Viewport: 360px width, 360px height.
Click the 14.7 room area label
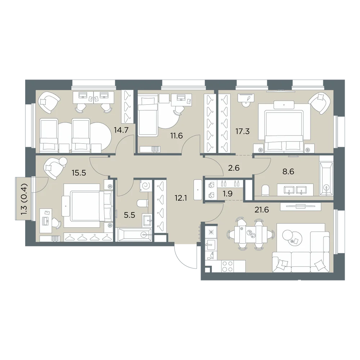point(121,130)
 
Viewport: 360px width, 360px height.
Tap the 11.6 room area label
point(176,136)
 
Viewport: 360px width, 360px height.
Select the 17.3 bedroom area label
point(242,131)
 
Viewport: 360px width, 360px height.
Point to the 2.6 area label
point(234,168)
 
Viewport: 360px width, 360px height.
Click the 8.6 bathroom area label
point(288,171)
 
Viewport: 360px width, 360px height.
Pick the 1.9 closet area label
point(228,194)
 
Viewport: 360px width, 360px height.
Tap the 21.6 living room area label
point(262,210)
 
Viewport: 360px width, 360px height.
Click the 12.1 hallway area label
point(181,198)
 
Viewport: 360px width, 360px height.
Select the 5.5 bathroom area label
point(129,215)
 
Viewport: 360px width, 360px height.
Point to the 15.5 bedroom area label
point(79,173)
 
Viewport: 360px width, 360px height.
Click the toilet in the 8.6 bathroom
point(265,190)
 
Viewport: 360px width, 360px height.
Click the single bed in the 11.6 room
point(147,116)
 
